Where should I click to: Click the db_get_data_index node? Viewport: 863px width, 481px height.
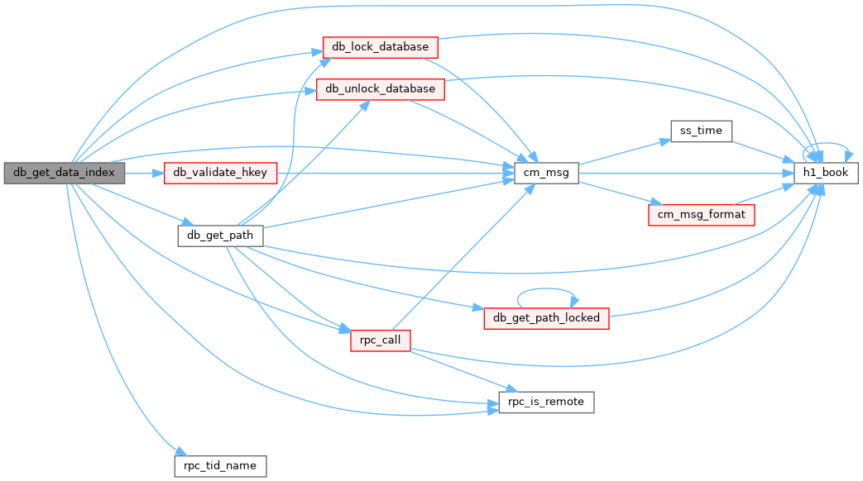(x=65, y=174)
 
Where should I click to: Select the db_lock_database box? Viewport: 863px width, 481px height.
(x=381, y=47)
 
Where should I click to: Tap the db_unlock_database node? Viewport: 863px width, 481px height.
(x=381, y=89)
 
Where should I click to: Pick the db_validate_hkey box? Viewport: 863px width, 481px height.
(x=220, y=174)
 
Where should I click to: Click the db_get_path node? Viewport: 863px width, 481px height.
(x=220, y=236)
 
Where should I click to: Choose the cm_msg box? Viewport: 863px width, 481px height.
(x=547, y=174)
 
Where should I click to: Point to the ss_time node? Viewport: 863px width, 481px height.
(x=701, y=131)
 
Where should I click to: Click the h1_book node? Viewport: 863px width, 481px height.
(x=826, y=174)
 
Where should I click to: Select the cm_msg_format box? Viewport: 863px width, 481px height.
(x=701, y=215)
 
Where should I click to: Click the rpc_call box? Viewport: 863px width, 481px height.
(x=381, y=341)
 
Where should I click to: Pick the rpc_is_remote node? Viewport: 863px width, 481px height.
(x=547, y=402)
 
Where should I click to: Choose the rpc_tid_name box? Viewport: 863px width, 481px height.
(x=220, y=466)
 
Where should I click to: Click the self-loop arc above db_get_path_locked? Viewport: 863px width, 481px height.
(x=547, y=288)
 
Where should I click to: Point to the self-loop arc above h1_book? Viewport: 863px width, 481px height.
(x=826, y=144)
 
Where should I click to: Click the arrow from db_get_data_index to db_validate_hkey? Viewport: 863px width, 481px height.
(x=144, y=174)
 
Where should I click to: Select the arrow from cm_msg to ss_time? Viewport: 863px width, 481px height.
(x=625, y=152)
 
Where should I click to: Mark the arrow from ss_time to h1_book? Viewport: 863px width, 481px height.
(x=763, y=152)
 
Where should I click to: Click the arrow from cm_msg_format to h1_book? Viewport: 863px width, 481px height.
(x=764, y=194)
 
